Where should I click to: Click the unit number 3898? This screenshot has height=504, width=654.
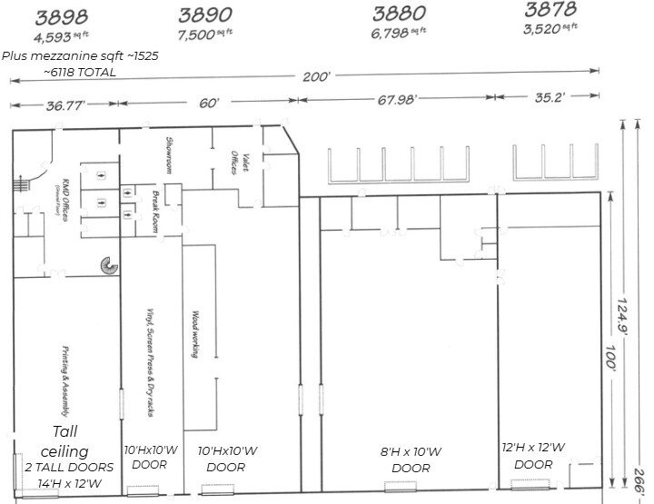63,16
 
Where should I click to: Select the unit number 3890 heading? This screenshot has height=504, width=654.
206,15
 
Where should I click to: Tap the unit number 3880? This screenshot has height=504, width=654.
400,14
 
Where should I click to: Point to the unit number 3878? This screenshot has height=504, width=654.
550,11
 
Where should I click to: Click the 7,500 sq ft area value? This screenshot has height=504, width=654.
206,35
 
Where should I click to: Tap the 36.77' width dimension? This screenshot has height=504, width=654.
64,105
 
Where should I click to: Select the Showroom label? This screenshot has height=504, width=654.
170,153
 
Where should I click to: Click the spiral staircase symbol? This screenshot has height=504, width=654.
110,264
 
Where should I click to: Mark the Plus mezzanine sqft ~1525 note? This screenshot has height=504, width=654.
80,55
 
